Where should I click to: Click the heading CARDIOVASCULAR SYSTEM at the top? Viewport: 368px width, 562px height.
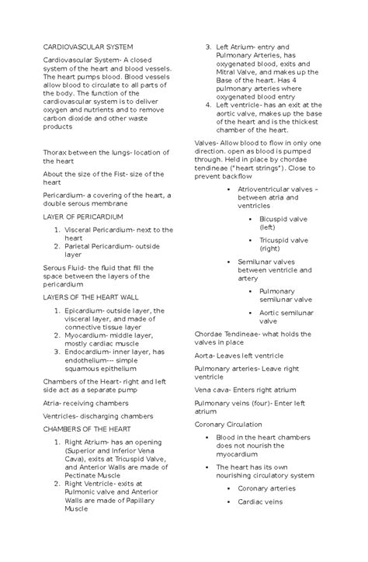(87, 48)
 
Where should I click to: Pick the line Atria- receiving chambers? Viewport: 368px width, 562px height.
(85, 404)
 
